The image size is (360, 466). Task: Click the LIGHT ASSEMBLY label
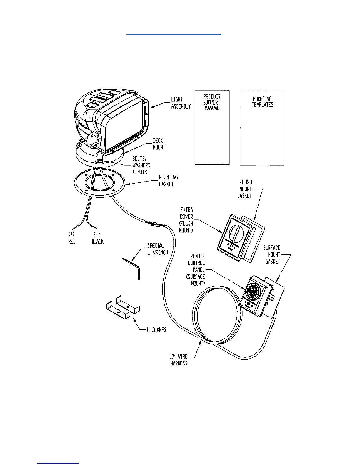click(x=181, y=103)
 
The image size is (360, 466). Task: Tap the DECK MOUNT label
click(x=159, y=144)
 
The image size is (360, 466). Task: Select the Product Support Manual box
click(x=212, y=128)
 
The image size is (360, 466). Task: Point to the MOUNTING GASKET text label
click(x=168, y=181)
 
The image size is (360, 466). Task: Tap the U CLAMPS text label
click(x=156, y=330)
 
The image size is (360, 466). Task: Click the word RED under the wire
click(x=72, y=241)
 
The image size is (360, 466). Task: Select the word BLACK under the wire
click(x=97, y=241)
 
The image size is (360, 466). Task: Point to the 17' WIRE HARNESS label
click(x=179, y=360)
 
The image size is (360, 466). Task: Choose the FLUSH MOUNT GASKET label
click(x=245, y=189)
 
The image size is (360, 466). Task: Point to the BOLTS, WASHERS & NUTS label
click(x=141, y=165)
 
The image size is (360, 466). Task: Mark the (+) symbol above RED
click(x=71, y=234)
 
